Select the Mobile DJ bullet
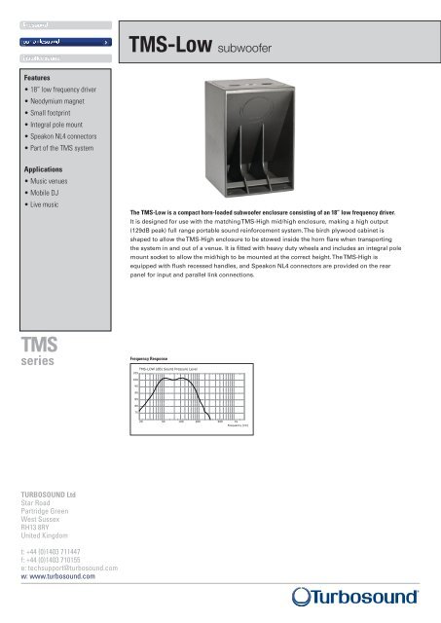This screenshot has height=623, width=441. [x=42, y=209]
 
